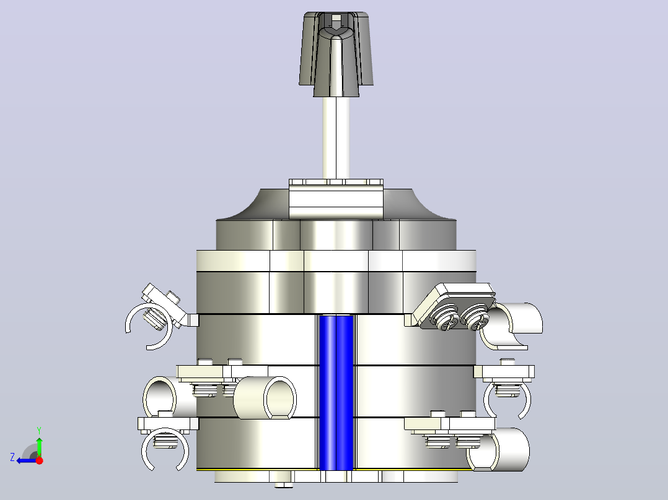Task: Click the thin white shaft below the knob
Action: point(336,138)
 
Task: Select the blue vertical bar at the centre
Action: point(336,392)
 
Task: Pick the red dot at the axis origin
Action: point(39,460)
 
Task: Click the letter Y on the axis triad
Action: point(39,431)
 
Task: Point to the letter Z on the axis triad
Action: point(12,457)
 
